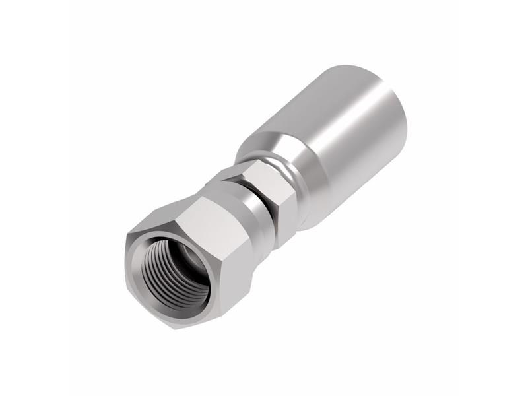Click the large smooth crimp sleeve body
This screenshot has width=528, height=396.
[337, 139]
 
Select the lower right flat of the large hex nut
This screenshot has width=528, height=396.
[218, 290]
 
